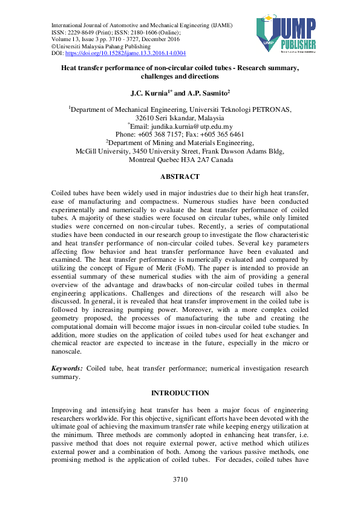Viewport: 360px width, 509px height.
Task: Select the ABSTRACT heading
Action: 180,177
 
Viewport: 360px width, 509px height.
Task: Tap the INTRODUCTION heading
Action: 180,393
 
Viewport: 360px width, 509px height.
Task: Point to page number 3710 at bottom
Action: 180,480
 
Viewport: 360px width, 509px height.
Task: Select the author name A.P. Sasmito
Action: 208,94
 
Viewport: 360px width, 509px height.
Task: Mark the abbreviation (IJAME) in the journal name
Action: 221,24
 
